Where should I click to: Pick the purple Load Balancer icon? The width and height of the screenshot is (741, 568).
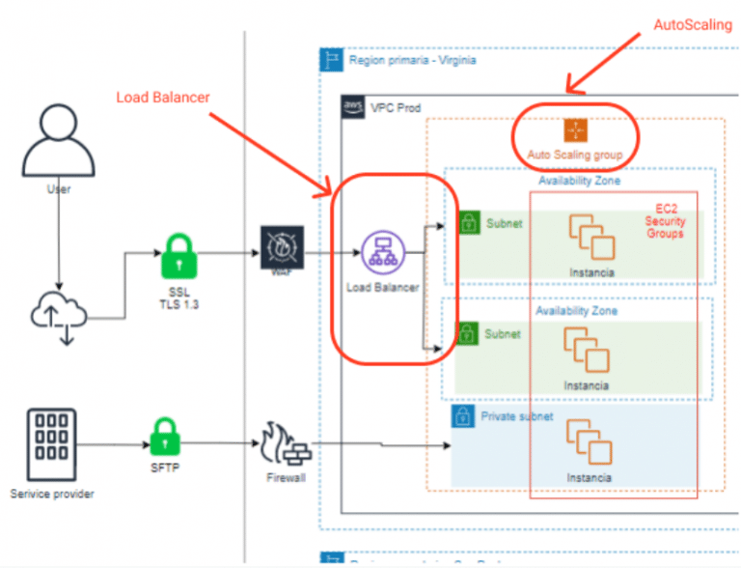(x=381, y=253)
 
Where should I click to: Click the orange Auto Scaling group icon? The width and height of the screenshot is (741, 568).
(x=575, y=129)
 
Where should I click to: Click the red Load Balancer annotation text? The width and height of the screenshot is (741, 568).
(x=163, y=97)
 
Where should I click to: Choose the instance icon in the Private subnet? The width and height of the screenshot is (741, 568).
(x=588, y=440)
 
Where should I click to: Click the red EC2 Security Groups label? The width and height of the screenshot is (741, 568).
(x=665, y=220)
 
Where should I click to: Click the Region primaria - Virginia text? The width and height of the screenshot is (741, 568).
(x=412, y=60)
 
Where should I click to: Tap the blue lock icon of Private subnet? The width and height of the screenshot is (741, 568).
(x=463, y=417)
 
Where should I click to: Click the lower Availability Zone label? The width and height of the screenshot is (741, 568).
(x=577, y=311)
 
